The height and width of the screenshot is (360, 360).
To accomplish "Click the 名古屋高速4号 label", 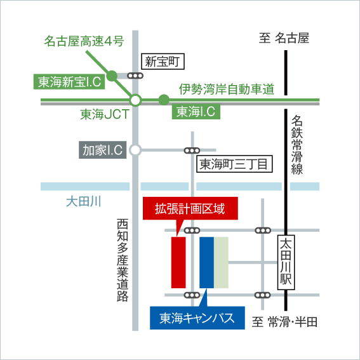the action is coord(84,41).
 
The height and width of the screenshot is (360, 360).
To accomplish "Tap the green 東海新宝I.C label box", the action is coord(69,82).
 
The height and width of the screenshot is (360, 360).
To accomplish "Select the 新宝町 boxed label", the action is coord(163,62).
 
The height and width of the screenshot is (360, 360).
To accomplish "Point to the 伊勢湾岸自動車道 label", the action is coord(227,89).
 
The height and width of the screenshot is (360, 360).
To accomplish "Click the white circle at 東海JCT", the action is coord(135,100).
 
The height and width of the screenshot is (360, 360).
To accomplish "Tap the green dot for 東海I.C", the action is coord(164,100).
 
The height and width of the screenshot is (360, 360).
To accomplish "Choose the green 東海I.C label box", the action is coord(196,112).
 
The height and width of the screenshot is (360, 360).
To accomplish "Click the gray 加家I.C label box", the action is coord(103,150).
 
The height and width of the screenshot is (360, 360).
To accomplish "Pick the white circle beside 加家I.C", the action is coord(135,150).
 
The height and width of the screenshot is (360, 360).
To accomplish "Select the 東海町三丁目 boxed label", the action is coord(234,164).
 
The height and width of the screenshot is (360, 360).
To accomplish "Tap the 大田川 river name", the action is coord(84,201).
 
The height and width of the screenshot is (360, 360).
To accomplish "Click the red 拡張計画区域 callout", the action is coord(190,208).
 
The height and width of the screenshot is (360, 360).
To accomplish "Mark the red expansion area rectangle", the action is coord(178,262).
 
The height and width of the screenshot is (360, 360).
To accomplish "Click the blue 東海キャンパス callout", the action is coord(197,317).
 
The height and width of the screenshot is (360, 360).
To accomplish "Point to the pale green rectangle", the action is coord(222,262).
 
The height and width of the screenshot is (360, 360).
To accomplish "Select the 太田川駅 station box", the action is coord(286,262).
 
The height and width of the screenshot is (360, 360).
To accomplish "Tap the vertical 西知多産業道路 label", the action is coord(123,260).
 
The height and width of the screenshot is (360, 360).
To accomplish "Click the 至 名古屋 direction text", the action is coord(284,38).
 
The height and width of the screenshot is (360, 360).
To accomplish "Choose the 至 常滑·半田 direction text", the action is coord(284,322).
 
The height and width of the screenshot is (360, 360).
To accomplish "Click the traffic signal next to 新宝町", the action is coord(135,76).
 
